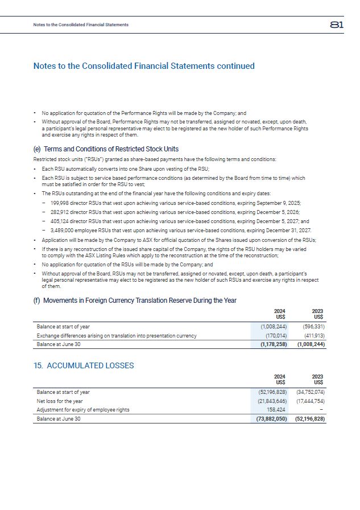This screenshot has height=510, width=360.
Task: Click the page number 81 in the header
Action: click(x=336, y=24)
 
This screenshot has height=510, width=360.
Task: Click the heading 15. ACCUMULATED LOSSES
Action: click(x=84, y=365)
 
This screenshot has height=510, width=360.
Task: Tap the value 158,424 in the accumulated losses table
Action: click(x=277, y=410)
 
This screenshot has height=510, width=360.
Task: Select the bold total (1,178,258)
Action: click(x=273, y=344)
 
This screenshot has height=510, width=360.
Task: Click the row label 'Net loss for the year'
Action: click(x=60, y=401)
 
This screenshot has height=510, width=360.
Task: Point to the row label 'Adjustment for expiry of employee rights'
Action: click(x=83, y=410)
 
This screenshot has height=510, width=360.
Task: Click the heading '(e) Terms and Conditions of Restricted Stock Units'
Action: click(x=106, y=150)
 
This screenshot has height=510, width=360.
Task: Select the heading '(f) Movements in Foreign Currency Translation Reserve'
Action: click(x=135, y=300)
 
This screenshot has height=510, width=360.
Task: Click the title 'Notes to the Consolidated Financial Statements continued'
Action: click(x=144, y=66)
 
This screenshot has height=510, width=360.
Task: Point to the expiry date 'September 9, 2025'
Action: click(x=278, y=203)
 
